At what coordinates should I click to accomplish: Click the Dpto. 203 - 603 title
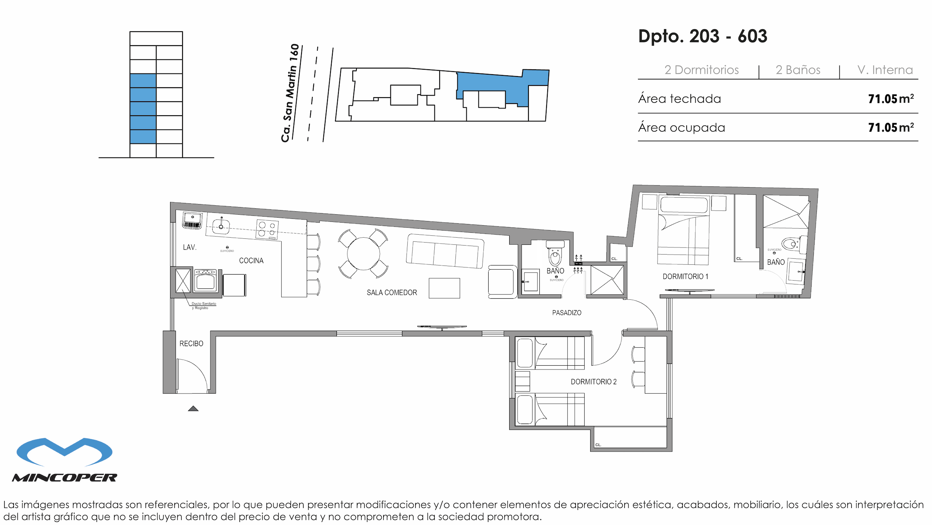coord(702,37)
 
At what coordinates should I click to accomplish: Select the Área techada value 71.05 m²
coord(891,99)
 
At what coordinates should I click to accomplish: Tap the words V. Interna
coord(885,70)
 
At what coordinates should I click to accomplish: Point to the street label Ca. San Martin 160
coord(290,93)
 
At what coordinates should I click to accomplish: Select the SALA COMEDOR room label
coord(392,293)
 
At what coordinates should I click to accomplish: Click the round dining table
coord(363,253)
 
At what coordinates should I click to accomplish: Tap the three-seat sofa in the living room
coord(445,251)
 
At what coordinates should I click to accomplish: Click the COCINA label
coord(251,261)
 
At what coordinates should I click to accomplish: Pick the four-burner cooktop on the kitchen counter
coord(267,229)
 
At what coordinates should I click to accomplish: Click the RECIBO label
coord(191,343)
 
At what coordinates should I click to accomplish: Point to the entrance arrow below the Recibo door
coord(193,409)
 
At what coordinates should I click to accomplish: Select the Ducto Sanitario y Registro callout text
coord(203,305)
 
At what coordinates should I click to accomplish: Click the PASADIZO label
coord(567,313)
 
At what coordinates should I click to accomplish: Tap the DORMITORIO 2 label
coord(594,382)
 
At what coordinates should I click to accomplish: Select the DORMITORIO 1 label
coord(685,276)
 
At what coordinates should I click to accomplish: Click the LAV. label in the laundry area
coord(190,247)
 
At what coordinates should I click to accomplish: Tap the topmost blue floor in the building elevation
coord(143,81)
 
